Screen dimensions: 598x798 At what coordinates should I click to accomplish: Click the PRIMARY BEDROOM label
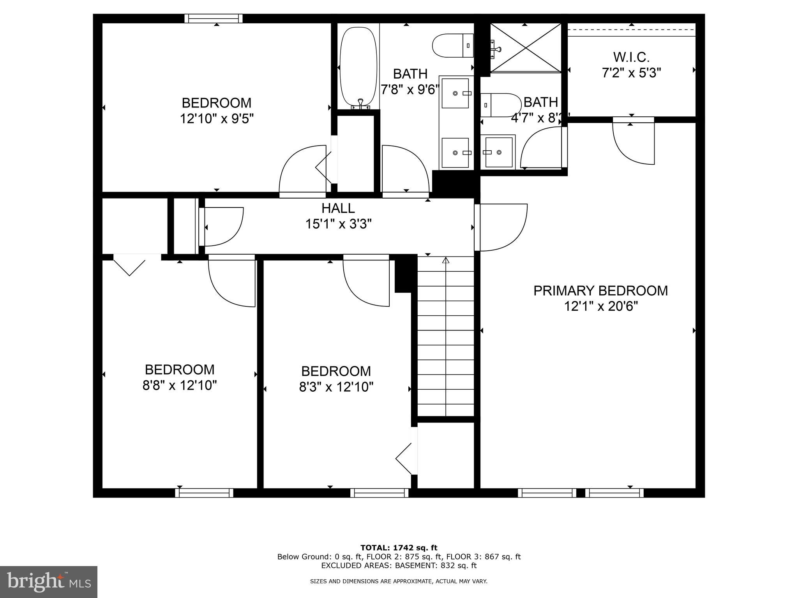click(600, 291)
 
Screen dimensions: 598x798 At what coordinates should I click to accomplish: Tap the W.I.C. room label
click(631, 57)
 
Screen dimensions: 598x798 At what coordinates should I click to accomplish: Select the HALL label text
click(338, 208)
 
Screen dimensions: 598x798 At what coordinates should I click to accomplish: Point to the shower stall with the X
click(525, 47)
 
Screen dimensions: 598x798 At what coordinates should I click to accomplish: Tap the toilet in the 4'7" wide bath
click(500, 105)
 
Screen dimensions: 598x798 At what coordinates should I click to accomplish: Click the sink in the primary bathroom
click(498, 152)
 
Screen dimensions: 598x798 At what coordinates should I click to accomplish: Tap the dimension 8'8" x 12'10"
click(180, 385)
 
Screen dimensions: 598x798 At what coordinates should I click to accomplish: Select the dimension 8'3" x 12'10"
click(336, 387)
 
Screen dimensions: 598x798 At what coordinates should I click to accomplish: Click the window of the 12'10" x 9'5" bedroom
click(213, 18)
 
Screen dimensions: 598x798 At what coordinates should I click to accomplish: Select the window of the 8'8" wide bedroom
click(204, 493)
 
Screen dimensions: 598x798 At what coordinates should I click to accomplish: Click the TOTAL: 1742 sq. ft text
click(399, 548)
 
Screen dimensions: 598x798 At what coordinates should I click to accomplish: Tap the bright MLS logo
click(49, 582)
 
